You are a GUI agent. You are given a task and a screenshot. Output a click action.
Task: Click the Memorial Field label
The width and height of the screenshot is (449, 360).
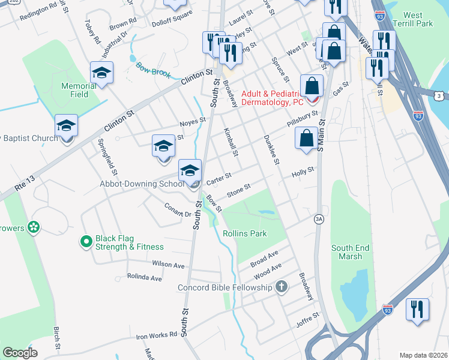(79, 90)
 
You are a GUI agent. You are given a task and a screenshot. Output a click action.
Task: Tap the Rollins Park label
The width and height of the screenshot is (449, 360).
(244, 233)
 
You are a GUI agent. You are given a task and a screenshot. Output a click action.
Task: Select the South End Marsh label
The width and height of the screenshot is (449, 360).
(347, 252)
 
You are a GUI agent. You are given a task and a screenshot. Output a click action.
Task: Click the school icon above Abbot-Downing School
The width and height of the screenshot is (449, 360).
(190, 170)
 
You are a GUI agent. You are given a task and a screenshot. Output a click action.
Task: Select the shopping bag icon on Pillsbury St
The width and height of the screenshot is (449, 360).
(306, 139)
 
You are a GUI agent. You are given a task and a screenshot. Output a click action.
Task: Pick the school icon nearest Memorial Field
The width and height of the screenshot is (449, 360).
(101, 73)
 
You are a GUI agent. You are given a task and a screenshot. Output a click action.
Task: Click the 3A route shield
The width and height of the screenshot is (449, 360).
(319, 220)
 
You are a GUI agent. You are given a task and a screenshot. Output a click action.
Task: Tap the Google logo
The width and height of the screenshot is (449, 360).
(20, 353)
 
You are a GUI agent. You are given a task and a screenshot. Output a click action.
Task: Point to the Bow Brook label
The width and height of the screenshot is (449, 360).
(153, 70)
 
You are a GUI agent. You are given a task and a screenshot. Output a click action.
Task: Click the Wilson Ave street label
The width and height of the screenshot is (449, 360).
(168, 264)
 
